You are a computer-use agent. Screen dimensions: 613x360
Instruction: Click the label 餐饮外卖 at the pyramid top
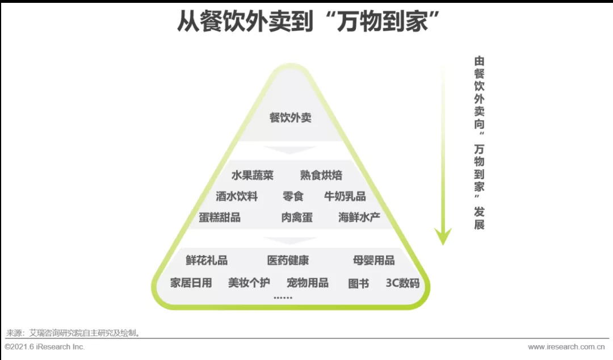[290, 118]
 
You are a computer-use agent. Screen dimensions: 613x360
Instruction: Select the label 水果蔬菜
[252, 175]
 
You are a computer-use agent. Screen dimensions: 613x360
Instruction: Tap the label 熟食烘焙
[321, 175]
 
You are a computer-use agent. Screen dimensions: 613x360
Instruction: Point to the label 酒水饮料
[237, 196]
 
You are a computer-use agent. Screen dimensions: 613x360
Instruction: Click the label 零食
[293, 196]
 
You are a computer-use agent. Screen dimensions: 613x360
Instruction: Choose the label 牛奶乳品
[345, 196]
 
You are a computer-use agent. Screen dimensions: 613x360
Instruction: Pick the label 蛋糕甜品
[220, 217]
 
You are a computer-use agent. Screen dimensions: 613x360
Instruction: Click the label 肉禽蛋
[296, 217]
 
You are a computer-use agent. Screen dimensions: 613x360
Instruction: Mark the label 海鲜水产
[359, 217]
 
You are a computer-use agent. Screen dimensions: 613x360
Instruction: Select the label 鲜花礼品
[207, 261]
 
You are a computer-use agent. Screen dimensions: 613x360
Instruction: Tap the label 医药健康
[288, 261]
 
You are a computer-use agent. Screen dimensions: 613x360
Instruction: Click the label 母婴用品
[373, 261]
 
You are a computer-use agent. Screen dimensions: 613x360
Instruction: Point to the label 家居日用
[191, 283]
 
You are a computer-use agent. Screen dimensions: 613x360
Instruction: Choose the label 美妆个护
[249, 283]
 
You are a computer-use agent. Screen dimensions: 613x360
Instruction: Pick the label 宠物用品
[308, 283]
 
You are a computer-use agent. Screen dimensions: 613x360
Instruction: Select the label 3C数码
[402, 283]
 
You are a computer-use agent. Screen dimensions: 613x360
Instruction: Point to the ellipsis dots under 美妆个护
[283, 297]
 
